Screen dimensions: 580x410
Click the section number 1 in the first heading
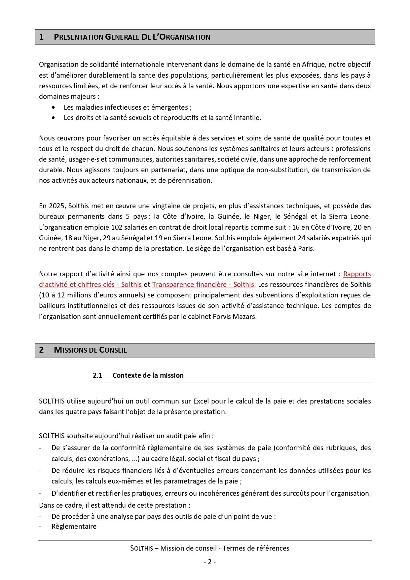coord(41,37)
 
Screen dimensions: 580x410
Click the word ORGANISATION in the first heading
coord(185,37)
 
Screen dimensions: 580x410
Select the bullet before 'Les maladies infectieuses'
coord(54,107)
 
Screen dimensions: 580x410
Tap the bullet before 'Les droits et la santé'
coord(54,118)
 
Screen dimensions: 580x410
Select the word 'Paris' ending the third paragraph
coord(306,249)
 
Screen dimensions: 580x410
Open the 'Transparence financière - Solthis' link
coord(203,285)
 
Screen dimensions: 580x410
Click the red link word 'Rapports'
coord(357,274)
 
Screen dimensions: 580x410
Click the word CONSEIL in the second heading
coord(113,350)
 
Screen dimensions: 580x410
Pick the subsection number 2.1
coord(97,375)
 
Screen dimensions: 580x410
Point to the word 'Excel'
coord(201,401)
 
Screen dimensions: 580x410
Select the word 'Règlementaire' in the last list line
coord(74,526)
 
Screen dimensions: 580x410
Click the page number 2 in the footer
coord(209,562)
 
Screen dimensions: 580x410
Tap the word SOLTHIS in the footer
coord(141,548)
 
